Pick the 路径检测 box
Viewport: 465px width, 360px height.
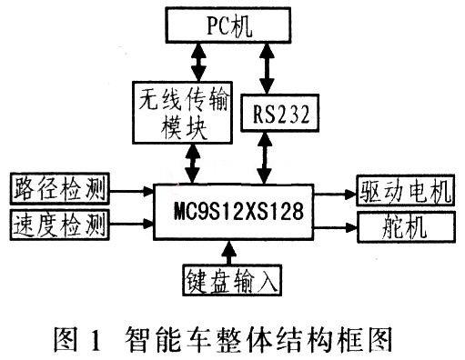point(56,191)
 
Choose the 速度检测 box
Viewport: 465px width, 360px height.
point(56,223)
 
